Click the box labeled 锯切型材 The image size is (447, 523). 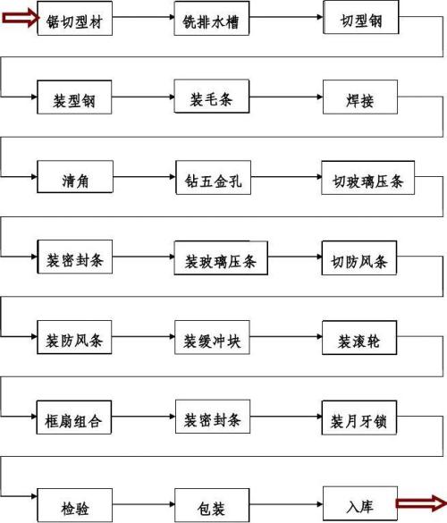pyautogui.click(x=75, y=18)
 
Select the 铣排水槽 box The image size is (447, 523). pyautogui.click(x=212, y=18)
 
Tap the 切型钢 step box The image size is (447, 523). pyautogui.click(x=361, y=17)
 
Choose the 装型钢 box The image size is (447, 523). pyautogui.click(x=74, y=97)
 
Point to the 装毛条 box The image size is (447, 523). pyautogui.click(x=212, y=96)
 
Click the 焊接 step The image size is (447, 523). pyautogui.click(x=360, y=97)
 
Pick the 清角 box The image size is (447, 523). pyautogui.click(x=75, y=177)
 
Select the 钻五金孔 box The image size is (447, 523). pyautogui.click(x=213, y=177)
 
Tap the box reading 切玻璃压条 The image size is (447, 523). pyautogui.click(x=368, y=178)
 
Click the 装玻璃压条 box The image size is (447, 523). pyautogui.click(x=221, y=258)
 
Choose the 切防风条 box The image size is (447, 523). pyautogui.click(x=359, y=257)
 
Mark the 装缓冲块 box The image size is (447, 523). pyautogui.click(x=212, y=338)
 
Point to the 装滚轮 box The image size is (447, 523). pyautogui.click(x=359, y=338)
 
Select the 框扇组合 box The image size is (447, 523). pyautogui.click(x=73, y=418)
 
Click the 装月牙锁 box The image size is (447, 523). pyautogui.click(x=359, y=418)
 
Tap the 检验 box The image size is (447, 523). pyautogui.click(x=75, y=505)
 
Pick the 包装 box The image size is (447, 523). pyautogui.click(x=212, y=505)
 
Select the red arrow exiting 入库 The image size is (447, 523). pyautogui.click(x=421, y=503)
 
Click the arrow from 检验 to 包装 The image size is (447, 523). pyautogui.click(x=143, y=504)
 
